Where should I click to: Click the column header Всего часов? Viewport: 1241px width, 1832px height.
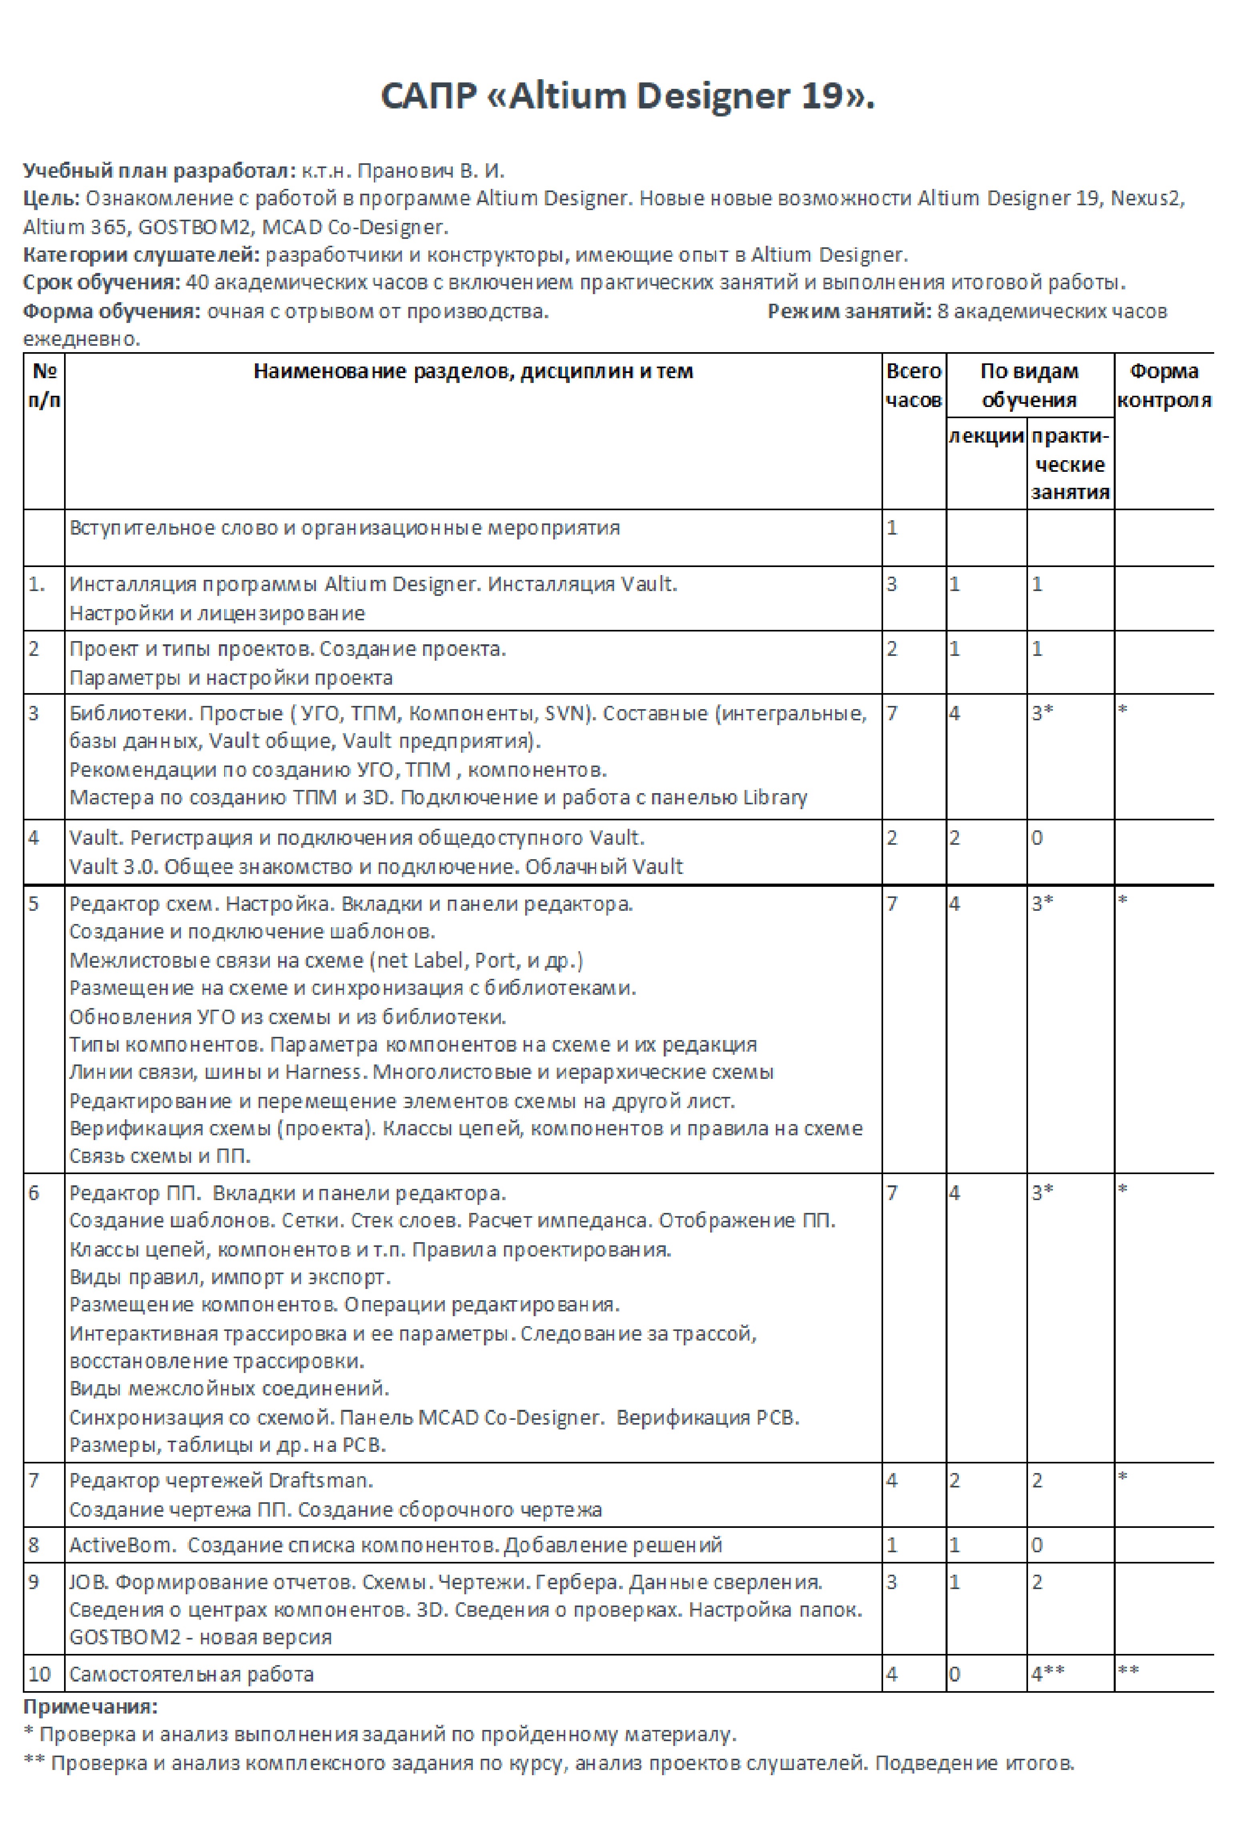point(913,385)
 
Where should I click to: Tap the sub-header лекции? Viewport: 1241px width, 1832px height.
point(986,436)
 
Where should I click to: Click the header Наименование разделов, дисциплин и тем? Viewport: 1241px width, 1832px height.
point(473,371)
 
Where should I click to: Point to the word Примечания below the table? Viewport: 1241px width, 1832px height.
point(90,1708)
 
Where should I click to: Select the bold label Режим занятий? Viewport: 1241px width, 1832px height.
point(849,311)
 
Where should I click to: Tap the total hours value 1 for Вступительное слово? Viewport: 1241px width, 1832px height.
point(892,527)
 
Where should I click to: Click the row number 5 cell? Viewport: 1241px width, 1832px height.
point(34,903)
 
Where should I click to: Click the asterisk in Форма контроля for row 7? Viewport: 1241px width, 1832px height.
point(1123,1477)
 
